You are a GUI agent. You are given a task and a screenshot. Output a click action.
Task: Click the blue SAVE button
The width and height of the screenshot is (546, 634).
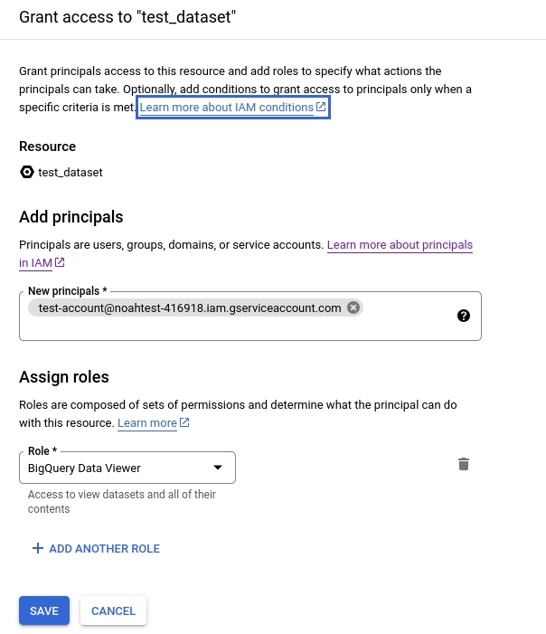coord(43,610)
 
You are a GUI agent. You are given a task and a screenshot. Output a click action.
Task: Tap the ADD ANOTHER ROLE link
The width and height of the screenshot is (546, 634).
coord(104,549)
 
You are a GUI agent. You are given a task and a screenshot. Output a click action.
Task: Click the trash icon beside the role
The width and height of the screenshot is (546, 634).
coord(464,465)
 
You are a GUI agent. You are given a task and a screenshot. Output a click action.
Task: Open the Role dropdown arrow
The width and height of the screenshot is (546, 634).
coord(217,468)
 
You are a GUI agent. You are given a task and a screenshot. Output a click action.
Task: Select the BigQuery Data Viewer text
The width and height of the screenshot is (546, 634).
coord(84,468)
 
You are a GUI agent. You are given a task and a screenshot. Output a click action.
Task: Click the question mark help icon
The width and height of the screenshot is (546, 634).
coord(464,316)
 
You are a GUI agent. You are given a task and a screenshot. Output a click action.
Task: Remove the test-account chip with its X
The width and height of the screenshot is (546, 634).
coord(353,308)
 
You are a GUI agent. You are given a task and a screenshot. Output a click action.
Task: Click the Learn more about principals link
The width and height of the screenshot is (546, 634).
coord(400,245)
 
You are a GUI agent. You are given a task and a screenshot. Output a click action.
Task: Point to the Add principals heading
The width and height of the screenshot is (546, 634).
coord(71,217)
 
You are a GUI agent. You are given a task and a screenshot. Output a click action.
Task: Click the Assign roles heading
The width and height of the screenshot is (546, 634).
coord(63,378)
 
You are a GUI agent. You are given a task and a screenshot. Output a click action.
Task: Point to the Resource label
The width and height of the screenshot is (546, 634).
coord(47,147)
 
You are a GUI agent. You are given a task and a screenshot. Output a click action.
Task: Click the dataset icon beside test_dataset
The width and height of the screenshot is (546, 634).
coord(26,172)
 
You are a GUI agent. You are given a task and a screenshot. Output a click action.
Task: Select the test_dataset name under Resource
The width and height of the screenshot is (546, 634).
coord(71,172)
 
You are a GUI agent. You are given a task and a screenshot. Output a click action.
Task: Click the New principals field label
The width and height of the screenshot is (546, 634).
coord(67,291)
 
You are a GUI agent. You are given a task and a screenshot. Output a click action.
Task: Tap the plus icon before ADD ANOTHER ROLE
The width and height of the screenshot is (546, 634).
coord(37,549)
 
